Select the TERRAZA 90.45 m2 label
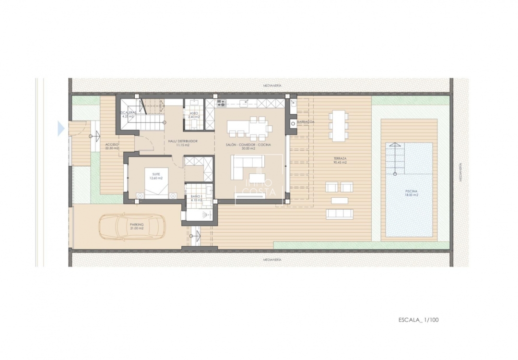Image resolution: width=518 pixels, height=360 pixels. click(341, 160)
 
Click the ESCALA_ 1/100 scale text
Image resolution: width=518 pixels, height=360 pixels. click(418, 319)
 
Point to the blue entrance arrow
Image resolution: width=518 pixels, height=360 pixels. click(61, 128)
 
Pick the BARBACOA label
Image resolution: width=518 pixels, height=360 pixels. click(306, 122)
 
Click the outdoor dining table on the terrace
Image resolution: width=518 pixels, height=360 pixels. click(339, 125)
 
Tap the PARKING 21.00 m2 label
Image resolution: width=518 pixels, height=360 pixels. click(137, 226)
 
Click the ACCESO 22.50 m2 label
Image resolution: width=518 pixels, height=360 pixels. click(112, 146)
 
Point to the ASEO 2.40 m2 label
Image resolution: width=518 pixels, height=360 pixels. click(193, 115)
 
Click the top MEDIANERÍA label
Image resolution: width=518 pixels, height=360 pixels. click(272, 85)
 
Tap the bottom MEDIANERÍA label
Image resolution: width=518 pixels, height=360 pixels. click(272, 260)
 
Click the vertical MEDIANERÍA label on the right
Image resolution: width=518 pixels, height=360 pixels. click(459, 171)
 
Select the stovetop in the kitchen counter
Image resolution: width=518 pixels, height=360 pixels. click(221, 102)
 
